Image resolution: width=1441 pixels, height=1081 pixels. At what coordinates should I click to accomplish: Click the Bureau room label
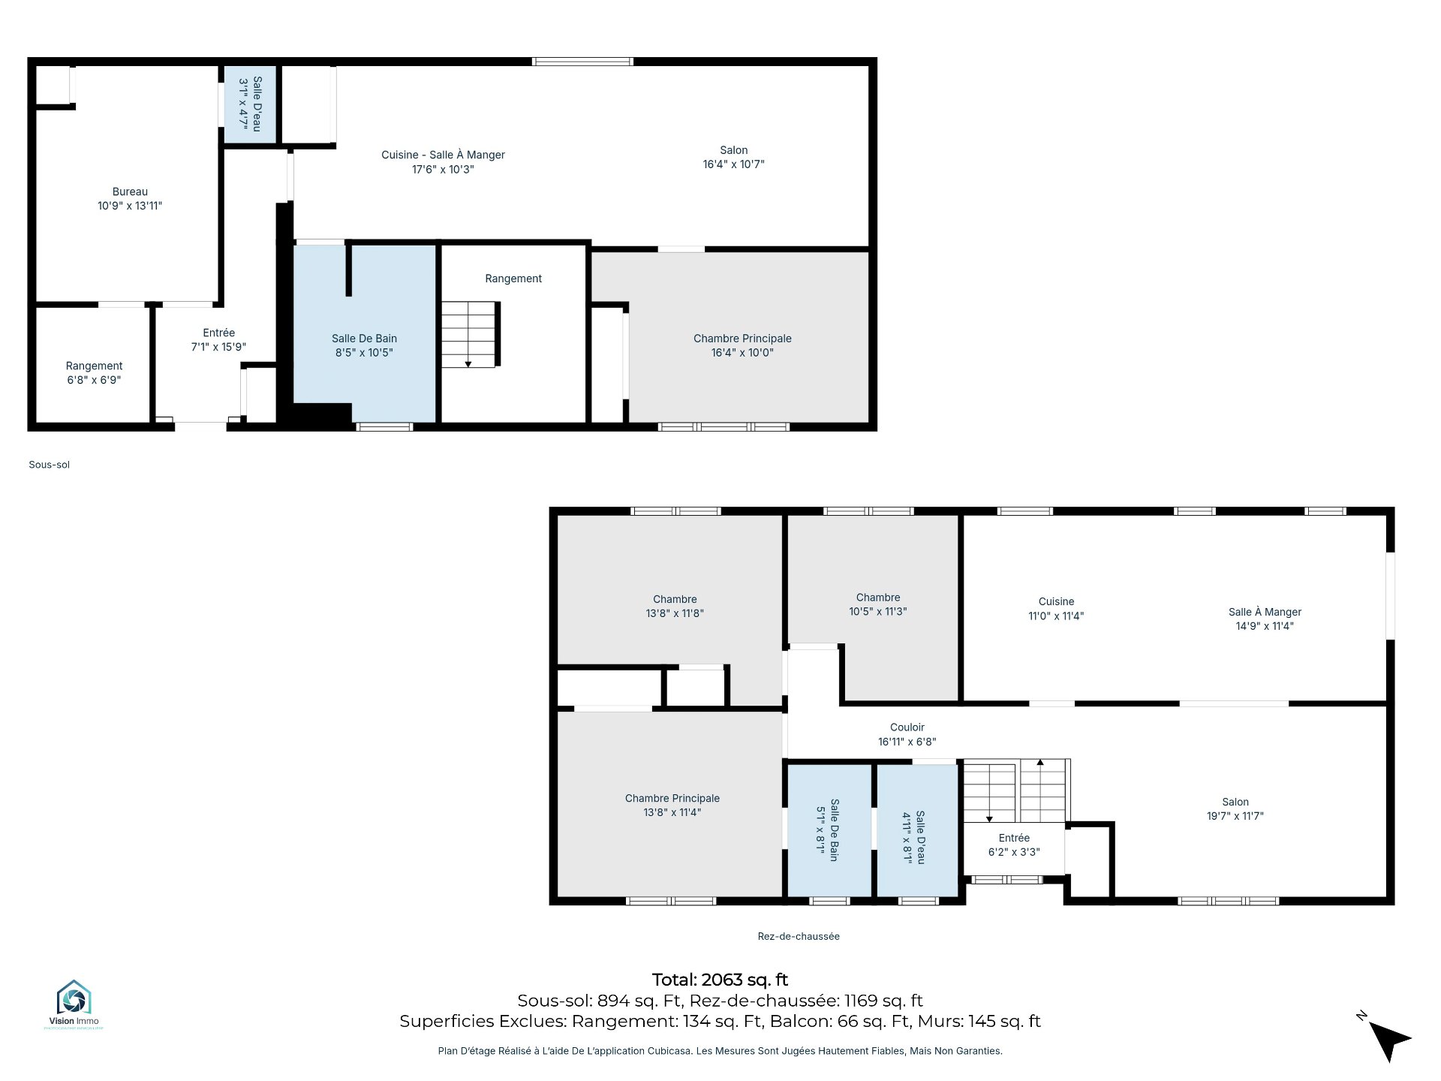pos(130,199)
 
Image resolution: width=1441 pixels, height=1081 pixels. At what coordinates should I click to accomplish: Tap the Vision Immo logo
pos(74,1004)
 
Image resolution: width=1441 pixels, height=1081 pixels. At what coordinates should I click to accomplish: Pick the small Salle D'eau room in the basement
pos(251,104)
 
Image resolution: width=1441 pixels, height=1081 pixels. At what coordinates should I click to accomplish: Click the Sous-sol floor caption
pos(50,465)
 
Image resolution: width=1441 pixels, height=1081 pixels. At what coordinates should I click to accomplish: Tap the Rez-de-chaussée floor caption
pos(799,936)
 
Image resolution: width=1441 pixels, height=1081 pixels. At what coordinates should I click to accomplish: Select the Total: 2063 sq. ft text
pos(720,980)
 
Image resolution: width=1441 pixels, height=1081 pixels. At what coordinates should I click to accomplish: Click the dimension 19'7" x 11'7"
pos(1235,816)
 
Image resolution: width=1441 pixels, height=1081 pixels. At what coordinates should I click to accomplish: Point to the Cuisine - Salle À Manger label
pos(443,162)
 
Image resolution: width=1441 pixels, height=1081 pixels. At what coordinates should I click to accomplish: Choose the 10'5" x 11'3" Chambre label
pos(878,605)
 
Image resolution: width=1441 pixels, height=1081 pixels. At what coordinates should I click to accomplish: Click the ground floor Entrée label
pos(1014,845)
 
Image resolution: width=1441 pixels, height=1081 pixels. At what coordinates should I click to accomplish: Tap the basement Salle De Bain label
pos(364,345)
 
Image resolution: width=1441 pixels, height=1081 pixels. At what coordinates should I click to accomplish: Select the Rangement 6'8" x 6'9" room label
pos(94,373)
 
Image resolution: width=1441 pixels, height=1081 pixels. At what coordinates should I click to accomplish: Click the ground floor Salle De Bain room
pos(829,830)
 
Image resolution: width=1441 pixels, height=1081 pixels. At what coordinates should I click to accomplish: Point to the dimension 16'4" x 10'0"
pos(742,353)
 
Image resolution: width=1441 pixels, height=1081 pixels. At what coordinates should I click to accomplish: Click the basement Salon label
pos(733,157)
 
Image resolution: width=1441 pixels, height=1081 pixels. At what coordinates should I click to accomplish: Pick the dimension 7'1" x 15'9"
pos(218,347)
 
